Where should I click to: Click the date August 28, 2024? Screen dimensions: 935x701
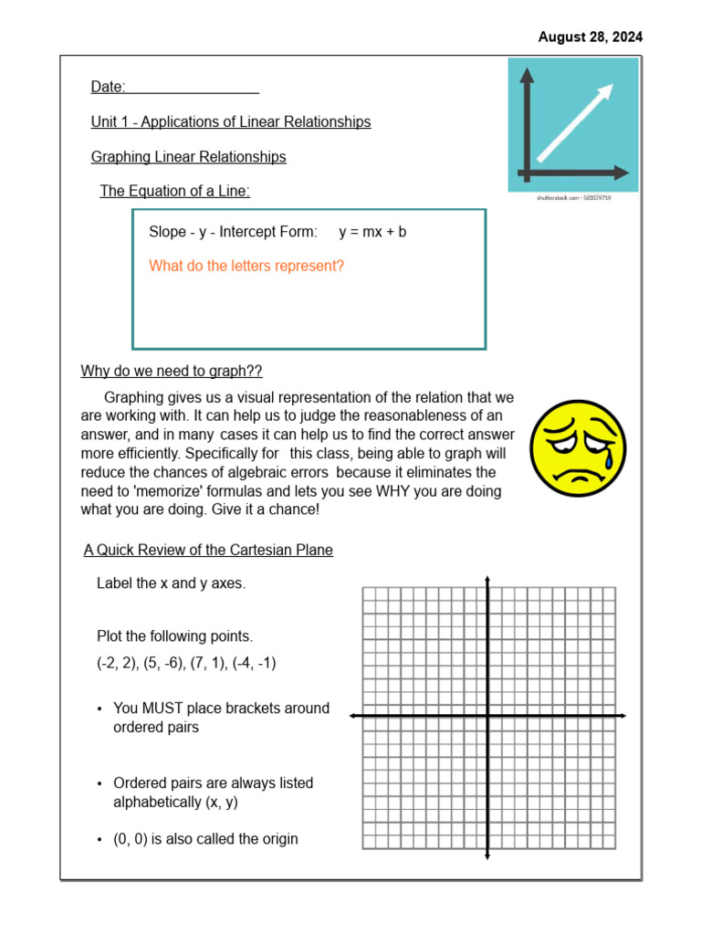coord(590,37)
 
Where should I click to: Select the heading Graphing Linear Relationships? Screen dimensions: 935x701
coord(188,157)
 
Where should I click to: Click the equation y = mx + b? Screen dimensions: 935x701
coord(372,232)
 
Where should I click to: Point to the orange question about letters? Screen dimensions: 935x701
coord(246,267)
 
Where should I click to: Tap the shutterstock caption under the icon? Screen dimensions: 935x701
coord(573,198)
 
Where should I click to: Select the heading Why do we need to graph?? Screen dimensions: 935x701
coord(172,372)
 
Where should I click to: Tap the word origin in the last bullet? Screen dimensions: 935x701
coord(277,839)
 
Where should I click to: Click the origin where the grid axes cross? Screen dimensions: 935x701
coord(487,717)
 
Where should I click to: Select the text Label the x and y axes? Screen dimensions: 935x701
coord(171,583)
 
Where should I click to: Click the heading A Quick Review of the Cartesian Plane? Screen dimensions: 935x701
coord(208,551)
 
